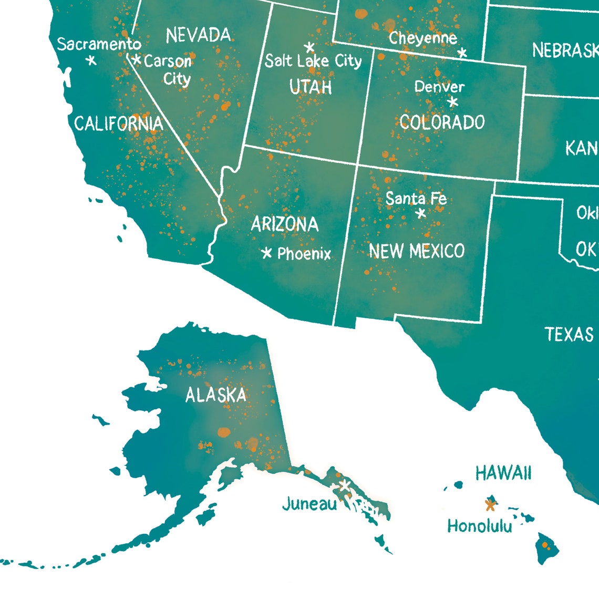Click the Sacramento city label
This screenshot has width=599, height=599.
coord(99,44)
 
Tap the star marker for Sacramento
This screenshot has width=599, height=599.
coord(91,60)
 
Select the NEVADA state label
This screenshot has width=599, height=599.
coord(198,36)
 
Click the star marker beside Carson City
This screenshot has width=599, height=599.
coord(137,60)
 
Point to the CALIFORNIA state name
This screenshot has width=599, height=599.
coord(118,124)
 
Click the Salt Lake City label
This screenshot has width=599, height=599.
coord(313,61)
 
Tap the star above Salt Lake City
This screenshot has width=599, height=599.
coord(309,47)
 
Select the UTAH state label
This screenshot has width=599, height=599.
coord(311,87)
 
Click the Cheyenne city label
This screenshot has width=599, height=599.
coord(422,38)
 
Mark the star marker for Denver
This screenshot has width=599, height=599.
coord(453,101)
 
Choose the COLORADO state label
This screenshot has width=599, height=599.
coord(442,122)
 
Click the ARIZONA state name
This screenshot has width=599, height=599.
coord(284,225)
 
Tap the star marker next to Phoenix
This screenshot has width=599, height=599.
coord(267,253)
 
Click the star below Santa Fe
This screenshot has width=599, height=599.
coord(420,213)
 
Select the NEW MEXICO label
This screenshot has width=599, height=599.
coord(417,251)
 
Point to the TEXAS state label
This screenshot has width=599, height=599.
coord(569,334)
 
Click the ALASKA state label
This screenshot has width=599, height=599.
coord(215,395)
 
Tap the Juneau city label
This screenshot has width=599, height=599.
coord(309,504)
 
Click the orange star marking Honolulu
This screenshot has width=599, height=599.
coord(490,505)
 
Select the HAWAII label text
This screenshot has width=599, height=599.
coord(503,473)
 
